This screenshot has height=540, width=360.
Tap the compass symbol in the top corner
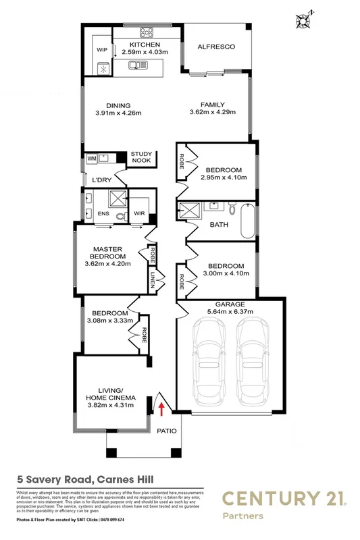click(301, 19)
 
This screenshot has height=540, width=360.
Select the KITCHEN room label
click(147, 45)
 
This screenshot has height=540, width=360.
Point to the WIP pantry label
click(102, 50)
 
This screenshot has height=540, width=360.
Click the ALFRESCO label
click(215, 47)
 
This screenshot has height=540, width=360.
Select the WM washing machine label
click(91, 159)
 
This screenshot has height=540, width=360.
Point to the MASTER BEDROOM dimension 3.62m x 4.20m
click(108, 264)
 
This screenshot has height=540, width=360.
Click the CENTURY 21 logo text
click(282, 500)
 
